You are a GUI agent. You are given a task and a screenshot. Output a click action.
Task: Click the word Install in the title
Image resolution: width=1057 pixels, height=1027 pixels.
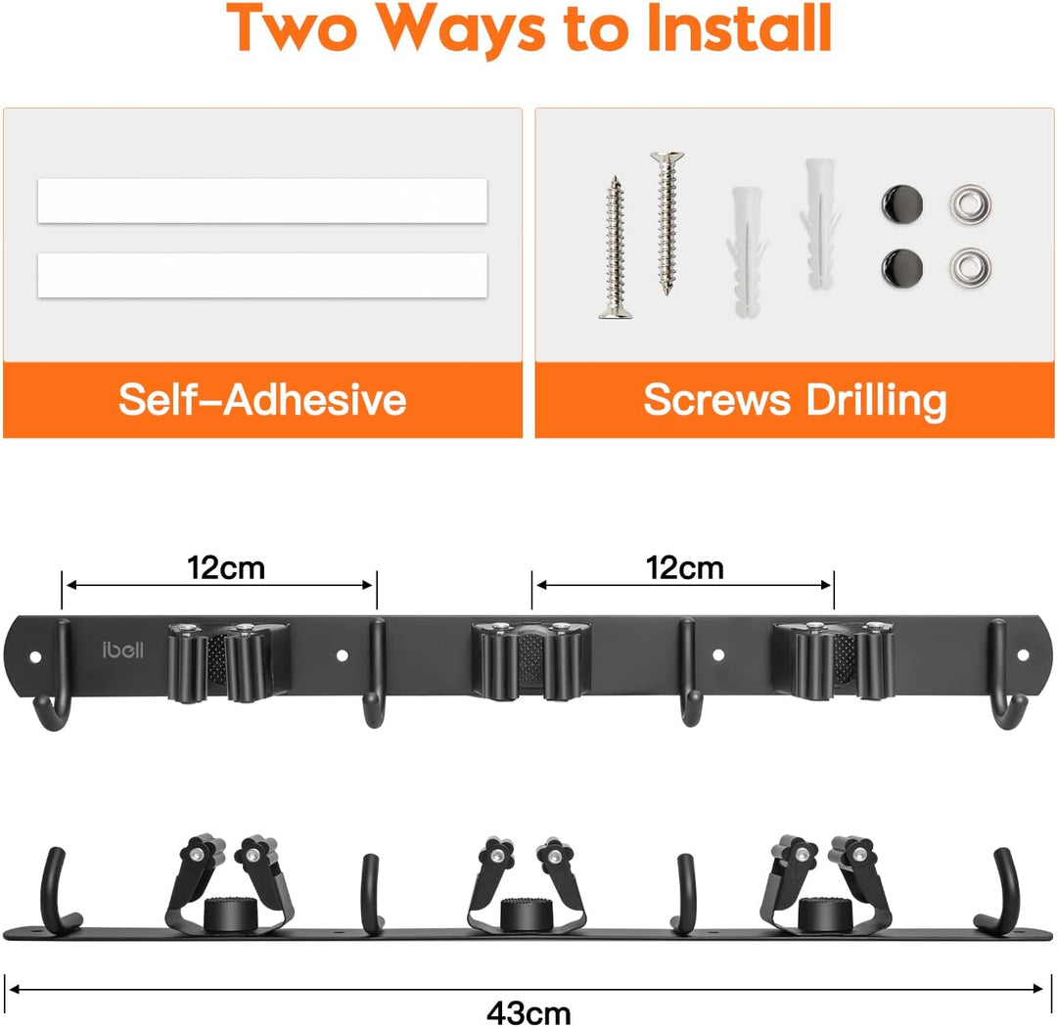coord(739,28)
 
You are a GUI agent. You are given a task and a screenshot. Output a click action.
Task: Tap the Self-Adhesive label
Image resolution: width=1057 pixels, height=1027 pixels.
coord(262,400)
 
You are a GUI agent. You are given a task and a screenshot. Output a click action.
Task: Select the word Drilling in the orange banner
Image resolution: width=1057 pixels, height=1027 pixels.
coord(876,401)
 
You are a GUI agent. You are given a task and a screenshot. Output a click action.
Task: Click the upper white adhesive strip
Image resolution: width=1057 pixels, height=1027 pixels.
coord(262,201)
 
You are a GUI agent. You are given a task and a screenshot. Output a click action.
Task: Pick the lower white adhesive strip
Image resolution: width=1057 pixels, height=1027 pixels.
coord(262,275)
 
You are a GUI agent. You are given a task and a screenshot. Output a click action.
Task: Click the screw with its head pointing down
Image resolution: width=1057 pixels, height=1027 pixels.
coord(616,247)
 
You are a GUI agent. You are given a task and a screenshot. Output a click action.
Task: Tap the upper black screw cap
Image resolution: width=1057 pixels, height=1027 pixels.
coord(902,203)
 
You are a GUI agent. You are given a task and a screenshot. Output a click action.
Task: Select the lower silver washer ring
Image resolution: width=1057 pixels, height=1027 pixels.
coord(970,267)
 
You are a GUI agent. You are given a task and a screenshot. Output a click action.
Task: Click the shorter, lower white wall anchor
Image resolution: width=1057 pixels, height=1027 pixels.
coord(746,252)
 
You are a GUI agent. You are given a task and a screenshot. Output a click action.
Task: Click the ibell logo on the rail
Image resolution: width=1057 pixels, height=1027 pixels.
coord(122,649)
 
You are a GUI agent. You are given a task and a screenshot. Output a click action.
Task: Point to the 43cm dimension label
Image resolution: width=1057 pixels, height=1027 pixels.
coord(528,1012)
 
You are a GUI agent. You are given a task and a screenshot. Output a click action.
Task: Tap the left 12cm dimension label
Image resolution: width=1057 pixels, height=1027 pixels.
coord(226,568)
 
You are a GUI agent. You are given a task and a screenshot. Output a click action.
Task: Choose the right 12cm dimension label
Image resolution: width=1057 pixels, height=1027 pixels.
coord(685,568)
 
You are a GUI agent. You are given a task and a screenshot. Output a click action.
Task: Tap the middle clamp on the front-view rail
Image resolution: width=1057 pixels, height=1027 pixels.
coord(531,660)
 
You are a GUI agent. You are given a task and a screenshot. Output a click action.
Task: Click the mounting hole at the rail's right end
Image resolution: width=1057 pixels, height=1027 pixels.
coord(1023,654)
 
